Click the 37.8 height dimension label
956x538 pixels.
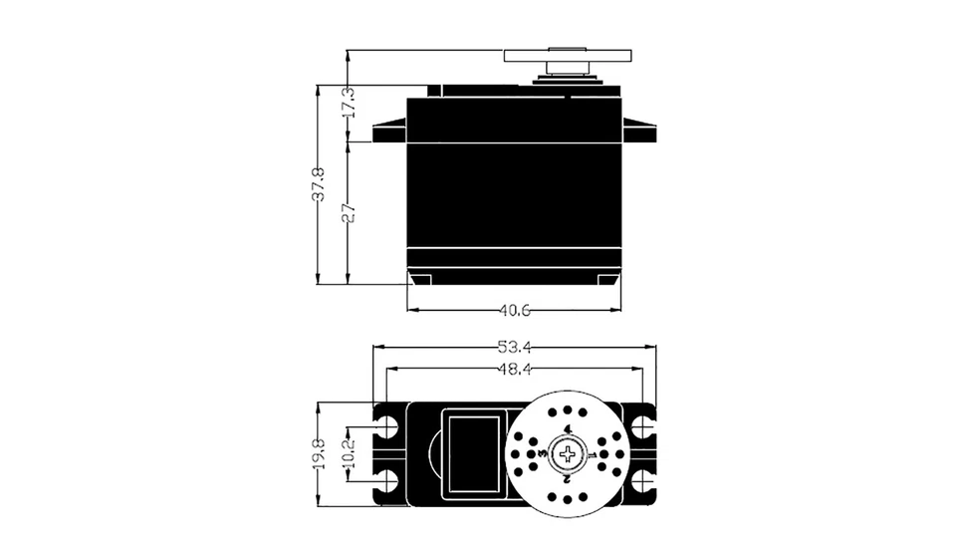coord(318,184)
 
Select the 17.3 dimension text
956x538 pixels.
coord(348,103)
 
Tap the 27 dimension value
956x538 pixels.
coord(348,212)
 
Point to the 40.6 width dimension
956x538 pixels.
coord(514,311)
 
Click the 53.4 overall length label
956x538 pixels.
coord(514,348)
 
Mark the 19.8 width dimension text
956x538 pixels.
coord(318,453)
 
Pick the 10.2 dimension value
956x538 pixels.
coord(348,453)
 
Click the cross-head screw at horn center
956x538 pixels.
coord(568,454)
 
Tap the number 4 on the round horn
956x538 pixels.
coord(568,429)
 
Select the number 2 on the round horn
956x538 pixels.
coord(567,479)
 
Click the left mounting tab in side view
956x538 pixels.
coord(390,131)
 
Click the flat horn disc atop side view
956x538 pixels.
coord(568,55)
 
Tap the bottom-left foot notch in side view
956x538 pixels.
coord(421,277)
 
